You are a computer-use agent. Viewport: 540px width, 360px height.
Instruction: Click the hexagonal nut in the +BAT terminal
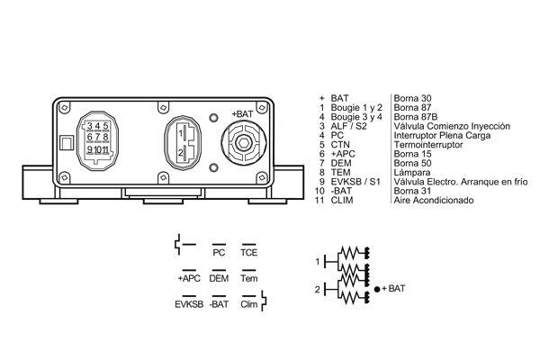244,142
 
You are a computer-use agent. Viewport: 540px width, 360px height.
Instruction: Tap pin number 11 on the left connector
105,150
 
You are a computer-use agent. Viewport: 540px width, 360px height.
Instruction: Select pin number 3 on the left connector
90,126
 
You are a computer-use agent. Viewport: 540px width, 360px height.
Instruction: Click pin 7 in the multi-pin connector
98,138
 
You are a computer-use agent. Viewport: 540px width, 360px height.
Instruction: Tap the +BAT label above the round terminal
242,114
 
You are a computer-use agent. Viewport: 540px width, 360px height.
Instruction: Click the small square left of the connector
67,142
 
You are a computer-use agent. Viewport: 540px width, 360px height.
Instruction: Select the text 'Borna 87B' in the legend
416,117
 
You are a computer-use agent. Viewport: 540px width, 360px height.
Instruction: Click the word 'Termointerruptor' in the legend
428,145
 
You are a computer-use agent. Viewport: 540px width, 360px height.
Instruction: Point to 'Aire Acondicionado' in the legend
434,200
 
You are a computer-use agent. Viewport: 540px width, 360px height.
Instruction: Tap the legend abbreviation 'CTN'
340,145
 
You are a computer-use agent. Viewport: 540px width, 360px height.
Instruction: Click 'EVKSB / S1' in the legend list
355,182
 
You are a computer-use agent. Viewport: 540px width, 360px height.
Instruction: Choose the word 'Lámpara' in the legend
412,172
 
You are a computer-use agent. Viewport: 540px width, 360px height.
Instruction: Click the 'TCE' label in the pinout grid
249,253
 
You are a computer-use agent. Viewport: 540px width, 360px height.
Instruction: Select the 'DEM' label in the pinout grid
219,278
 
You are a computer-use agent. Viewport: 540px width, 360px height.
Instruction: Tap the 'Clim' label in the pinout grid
249,304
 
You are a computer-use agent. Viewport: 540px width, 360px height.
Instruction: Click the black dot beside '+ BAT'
377,290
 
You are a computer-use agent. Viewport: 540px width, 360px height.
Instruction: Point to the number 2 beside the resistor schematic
317,290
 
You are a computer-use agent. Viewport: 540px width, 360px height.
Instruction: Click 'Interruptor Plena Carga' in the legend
442,135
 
